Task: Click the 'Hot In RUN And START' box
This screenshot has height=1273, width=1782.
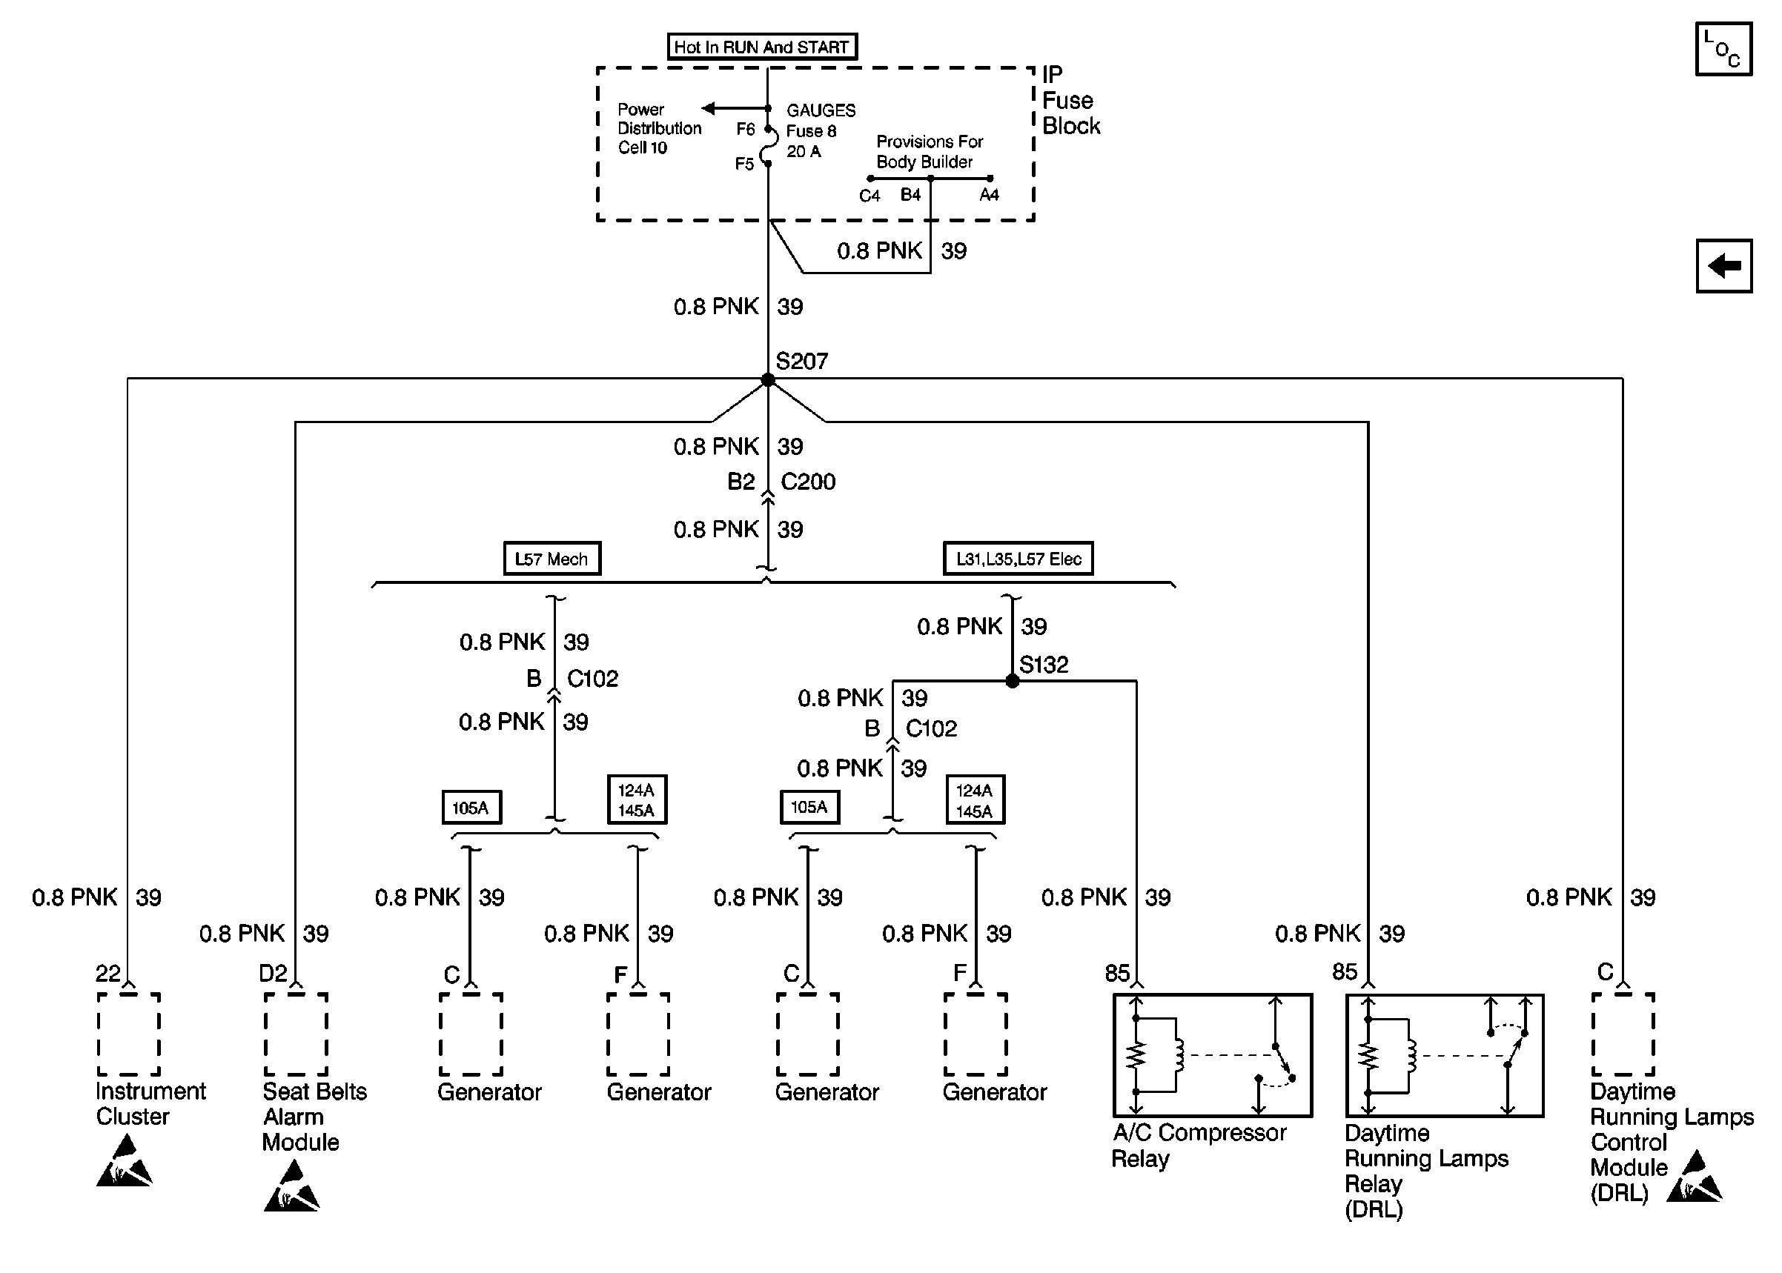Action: [761, 47]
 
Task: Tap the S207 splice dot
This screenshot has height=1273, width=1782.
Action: [768, 380]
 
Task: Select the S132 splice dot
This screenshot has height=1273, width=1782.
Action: [1012, 681]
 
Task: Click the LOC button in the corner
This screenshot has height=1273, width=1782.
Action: [1723, 50]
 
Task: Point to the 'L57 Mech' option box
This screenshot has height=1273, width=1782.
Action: [552, 559]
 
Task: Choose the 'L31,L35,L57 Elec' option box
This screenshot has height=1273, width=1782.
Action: [1018, 559]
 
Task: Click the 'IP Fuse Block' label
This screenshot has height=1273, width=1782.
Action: [1070, 100]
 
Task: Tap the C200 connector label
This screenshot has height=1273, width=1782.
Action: [808, 482]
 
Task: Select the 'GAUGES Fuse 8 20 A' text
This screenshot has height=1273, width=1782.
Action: [819, 131]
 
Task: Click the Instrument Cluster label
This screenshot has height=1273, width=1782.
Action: [150, 1103]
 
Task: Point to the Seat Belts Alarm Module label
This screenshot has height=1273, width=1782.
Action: [314, 1116]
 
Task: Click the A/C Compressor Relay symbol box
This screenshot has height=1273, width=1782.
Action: [1212, 1055]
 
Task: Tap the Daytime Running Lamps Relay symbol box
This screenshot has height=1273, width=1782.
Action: [1444, 1055]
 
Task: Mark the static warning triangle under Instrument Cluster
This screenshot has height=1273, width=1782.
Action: [124, 1163]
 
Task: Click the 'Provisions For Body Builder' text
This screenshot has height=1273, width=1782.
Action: [929, 151]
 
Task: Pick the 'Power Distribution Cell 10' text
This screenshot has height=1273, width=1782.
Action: [658, 128]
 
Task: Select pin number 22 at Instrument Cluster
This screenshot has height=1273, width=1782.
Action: [107, 974]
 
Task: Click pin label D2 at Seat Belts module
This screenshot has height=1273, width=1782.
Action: [273, 974]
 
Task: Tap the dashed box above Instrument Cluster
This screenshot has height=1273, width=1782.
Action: [128, 1034]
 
